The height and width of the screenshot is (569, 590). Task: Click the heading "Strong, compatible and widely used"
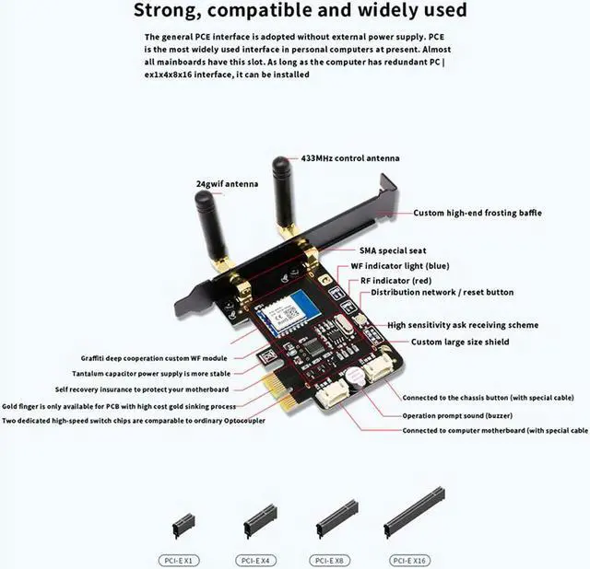[300, 11]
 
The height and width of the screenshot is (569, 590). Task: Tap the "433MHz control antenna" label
[350, 158]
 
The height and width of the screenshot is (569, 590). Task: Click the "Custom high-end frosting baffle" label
[477, 213]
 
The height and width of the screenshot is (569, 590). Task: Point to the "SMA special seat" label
[392, 250]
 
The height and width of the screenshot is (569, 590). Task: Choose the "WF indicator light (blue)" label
[406, 265]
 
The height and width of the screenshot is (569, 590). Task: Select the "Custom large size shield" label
[460, 342]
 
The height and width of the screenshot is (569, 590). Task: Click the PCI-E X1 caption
[183, 558]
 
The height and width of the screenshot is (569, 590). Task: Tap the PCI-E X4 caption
[258, 558]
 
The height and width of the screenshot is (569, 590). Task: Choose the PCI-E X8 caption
[336, 558]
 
